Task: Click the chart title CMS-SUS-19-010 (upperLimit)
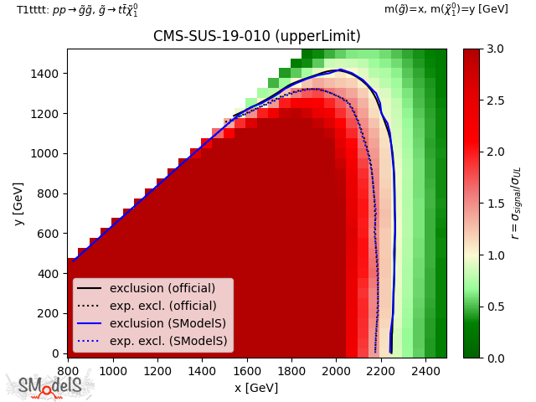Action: pyautogui.click(x=256, y=37)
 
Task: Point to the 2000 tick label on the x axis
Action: pyautogui.click(x=335, y=370)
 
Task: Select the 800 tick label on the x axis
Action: pyautogui.click(x=68, y=370)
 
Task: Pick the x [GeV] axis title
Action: pyautogui.click(x=256, y=388)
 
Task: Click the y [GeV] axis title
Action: pyautogui.click(x=18, y=203)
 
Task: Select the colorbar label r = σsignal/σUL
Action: pyautogui.click(x=516, y=203)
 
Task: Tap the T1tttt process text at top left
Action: pyautogui.click(x=77, y=9)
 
